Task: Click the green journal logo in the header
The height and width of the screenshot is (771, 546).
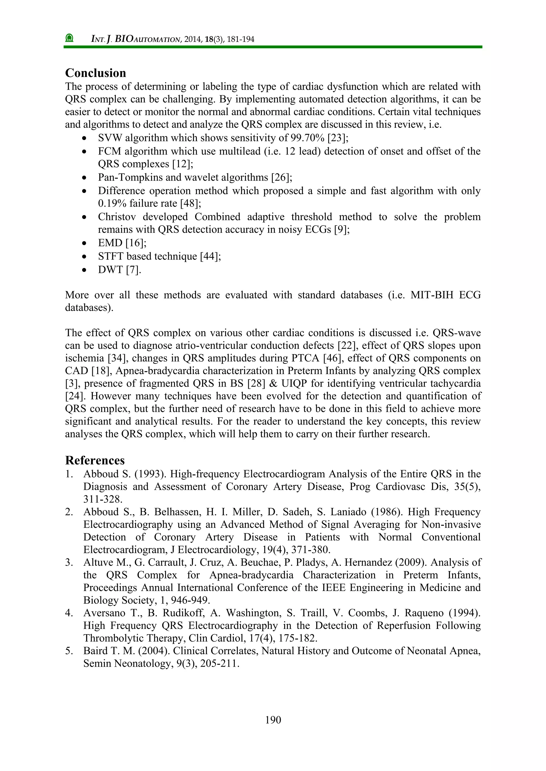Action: (69, 38)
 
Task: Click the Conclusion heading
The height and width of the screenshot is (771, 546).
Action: (95, 73)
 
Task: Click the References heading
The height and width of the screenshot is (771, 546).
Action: (95, 460)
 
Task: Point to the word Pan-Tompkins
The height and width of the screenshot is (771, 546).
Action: (129, 177)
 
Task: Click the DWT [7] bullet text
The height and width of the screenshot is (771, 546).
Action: (119, 270)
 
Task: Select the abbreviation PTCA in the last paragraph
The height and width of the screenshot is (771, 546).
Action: (306, 358)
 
